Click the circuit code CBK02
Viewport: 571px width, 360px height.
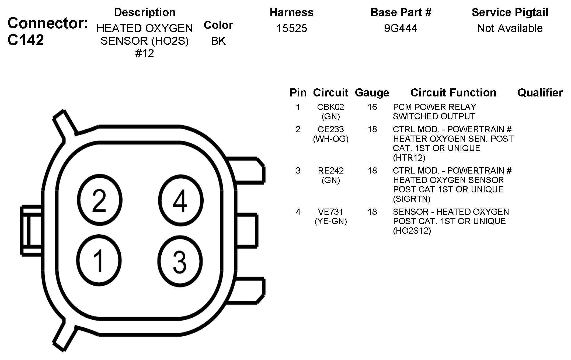(330, 107)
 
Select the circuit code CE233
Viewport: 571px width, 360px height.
(331, 129)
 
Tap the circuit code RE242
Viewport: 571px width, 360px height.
(331, 171)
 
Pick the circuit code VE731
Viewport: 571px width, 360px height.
(331, 212)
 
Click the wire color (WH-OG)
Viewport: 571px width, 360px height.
(331, 139)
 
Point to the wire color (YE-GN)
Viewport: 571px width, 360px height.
(331, 221)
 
